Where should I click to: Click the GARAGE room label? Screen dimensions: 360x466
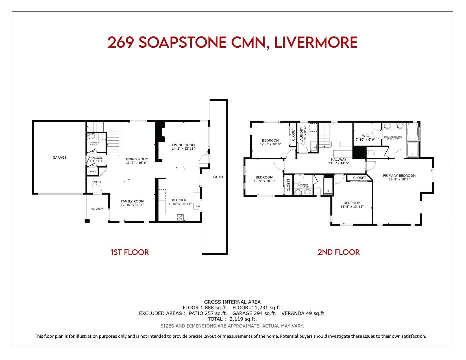click(59, 157)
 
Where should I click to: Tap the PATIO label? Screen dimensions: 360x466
click(218, 177)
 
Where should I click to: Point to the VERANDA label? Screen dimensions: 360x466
click(97, 209)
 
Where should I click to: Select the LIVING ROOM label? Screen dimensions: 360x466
click(183, 145)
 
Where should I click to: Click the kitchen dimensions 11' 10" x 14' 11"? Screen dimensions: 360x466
click(179, 204)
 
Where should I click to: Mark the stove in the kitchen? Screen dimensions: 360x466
click(180, 218)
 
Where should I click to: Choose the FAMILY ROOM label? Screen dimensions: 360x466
click(132, 201)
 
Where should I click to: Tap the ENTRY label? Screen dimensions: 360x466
click(96, 182)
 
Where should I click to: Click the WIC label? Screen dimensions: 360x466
click(365, 136)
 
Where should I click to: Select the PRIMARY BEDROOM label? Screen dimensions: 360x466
click(399, 176)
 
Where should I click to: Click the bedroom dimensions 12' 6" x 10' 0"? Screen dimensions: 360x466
click(270, 144)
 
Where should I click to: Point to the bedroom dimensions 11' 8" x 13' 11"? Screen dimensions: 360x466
click(352, 207)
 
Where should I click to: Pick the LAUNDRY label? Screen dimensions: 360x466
click(302, 135)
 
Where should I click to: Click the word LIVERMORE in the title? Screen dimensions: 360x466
click(316, 43)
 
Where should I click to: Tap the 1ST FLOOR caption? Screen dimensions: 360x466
click(130, 252)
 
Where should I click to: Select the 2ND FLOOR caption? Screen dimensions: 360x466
click(338, 252)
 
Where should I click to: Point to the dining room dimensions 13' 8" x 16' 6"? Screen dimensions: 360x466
click(136, 163)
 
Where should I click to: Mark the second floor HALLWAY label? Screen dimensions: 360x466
click(338, 159)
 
